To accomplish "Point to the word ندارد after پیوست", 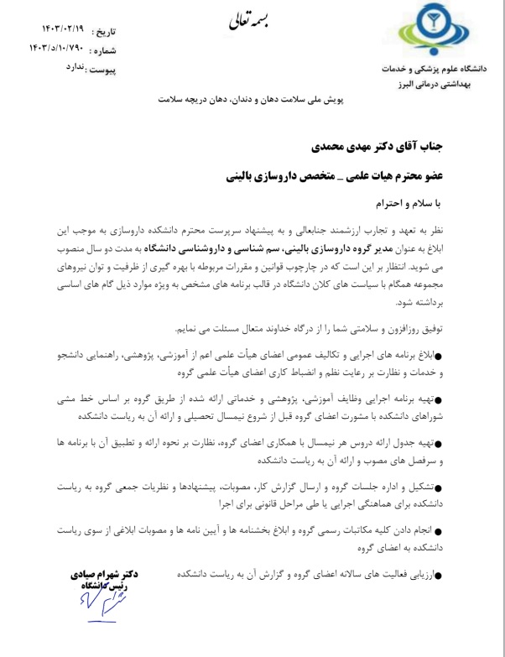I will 73,70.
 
